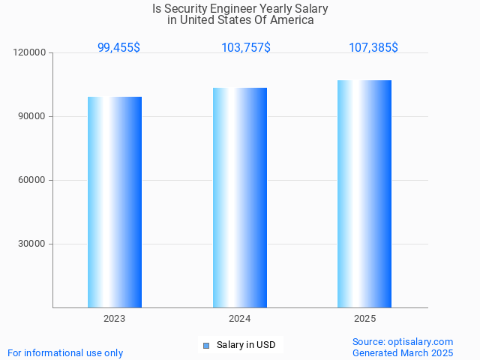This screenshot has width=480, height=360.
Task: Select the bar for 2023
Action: point(115,202)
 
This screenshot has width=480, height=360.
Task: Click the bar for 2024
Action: point(240,197)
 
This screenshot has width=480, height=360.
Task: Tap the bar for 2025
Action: point(364,193)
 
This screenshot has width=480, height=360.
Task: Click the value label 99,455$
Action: point(118,47)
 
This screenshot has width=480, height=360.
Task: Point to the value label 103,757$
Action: point(246,47)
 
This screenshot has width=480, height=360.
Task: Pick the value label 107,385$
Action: point(373,47)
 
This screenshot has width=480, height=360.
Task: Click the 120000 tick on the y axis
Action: point(31,52)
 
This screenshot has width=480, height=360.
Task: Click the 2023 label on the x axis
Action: point(115,319)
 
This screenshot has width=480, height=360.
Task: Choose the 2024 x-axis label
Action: point(240,319)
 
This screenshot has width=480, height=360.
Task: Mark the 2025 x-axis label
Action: point(364,319)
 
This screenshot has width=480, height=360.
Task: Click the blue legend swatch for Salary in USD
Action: point(206,345)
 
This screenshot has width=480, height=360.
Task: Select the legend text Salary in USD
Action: point(246,345)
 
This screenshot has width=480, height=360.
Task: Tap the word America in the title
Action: point(291,20)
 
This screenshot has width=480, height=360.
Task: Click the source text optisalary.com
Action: point(420,341)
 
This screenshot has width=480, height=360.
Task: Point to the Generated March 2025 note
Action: point(403,352)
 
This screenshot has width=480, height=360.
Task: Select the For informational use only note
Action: point(65,352)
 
